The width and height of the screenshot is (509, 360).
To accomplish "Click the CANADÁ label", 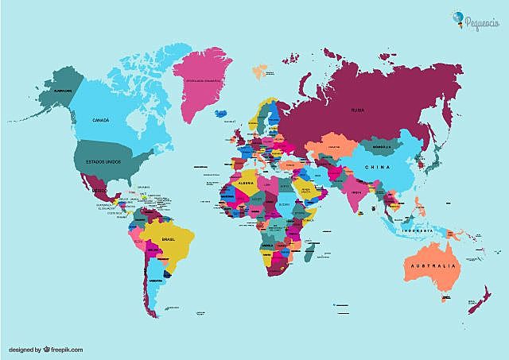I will click(x=101, y=120).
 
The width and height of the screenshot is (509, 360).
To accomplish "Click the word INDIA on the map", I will click(x=356, y=192).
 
